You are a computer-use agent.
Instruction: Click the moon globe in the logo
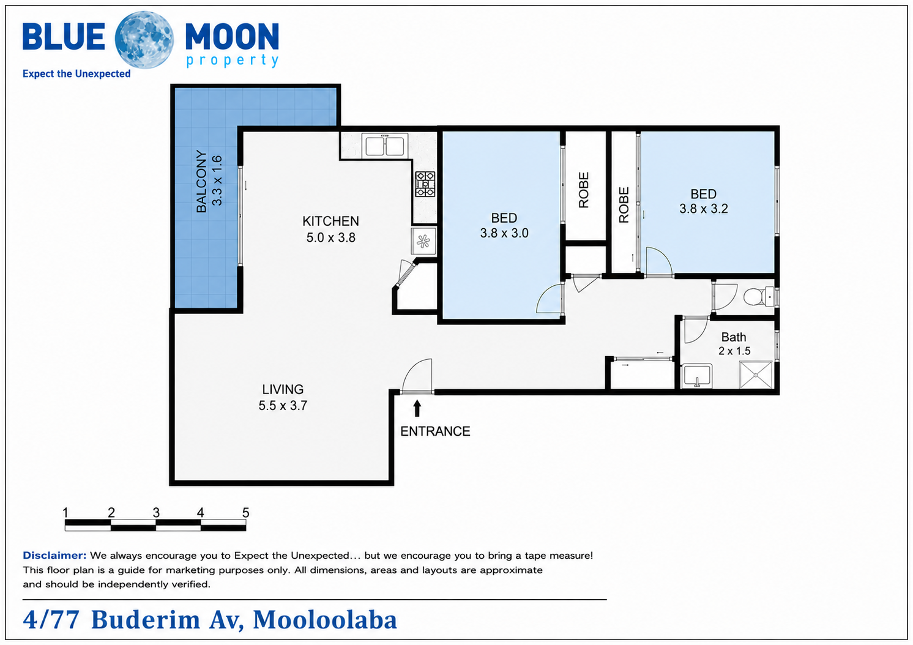(x=144, y=40)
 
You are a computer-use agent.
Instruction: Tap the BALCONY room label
(x=201, y=181)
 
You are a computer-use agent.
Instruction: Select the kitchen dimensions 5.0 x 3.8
(x=330, y=237)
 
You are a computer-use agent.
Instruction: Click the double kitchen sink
(x=384, y=146)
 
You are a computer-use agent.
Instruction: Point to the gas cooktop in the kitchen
(x=425, y=184)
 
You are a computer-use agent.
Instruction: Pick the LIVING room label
(x=283, y=389)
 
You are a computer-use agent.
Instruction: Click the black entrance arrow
(x=417, y=409)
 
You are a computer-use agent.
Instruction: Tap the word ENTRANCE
(x=435, y=431)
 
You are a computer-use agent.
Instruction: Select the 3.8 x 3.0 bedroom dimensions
(x=504, y=233)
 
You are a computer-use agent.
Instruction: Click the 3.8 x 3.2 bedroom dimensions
(x=704, y=209)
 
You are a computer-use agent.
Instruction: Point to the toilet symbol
(x=759, y=296)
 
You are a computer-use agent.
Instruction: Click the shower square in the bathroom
(x=756, y=375)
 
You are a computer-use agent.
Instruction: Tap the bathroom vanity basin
(x=696, y=376)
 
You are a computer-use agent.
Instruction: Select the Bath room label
(x=734, y=337)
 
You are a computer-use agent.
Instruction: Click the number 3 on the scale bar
(x=156, y=512)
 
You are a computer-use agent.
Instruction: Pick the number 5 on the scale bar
(x=245, y=512)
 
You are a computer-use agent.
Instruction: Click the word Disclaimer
(x=54, y=555)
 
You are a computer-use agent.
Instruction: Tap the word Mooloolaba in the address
(x=325, y=620)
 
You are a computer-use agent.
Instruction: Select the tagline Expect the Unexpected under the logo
(x=76, y=74)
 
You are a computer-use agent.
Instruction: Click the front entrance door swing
(x=417, y=376)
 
